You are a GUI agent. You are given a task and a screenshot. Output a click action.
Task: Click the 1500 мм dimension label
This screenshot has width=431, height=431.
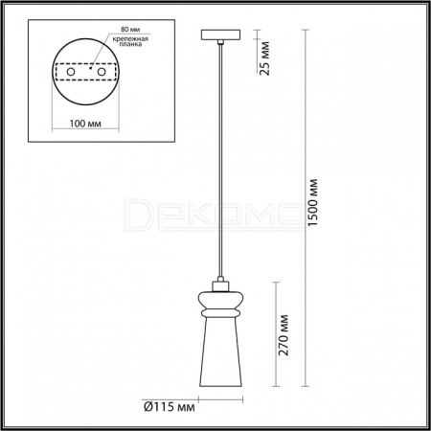click(x=313, y=203)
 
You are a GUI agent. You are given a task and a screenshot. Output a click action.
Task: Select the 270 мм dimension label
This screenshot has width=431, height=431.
click(x=284, y=335)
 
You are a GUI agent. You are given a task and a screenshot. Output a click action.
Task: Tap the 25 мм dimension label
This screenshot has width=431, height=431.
click(x=264, y=58)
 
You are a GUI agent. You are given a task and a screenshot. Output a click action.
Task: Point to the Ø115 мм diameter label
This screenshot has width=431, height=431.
click(x=170, y=407)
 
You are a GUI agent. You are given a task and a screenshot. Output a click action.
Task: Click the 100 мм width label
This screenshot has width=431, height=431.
click(x=85, y=124)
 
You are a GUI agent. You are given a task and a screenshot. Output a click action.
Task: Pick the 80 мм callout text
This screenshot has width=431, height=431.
click(x=130, y=29)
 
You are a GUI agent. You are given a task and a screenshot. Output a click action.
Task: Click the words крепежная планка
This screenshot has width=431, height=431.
click(x=130, y=41)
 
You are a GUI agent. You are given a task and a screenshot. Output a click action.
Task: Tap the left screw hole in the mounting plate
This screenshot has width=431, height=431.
click(x=71, y=72)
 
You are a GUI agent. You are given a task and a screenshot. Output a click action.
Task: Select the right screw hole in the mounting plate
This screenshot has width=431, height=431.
click(x=102, y=72)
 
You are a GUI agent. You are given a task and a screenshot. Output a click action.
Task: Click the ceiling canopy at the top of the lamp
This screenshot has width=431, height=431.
click(x=220, y=34)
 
